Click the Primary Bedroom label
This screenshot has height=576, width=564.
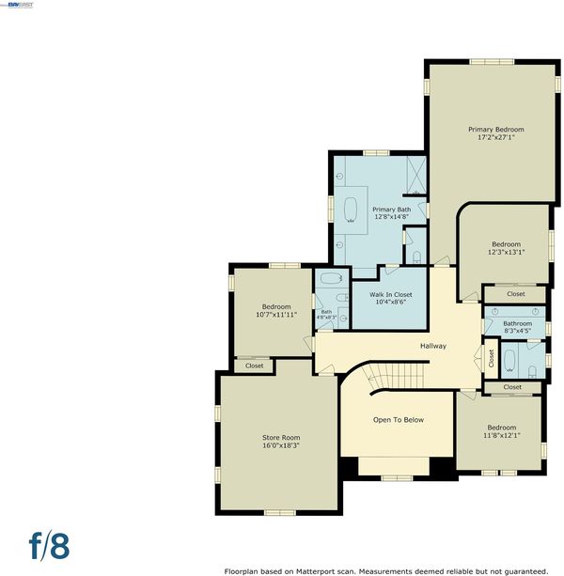click(x=495, y=130)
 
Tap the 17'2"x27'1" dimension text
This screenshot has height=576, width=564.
click(x=495, y=138)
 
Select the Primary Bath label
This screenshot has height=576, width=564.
click(x=392, y=210)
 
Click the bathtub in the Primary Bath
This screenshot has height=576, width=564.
click(x=351, y=210)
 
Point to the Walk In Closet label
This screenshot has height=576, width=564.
click(x=391, y=295)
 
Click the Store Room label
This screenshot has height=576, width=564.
click(x=281, y=438)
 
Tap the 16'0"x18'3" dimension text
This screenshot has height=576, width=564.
click(x=281, y=445)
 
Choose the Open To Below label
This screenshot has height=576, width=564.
click(x=399, y=420)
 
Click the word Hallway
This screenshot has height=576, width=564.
click(x=433, y=346)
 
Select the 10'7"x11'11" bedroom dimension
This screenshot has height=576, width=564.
click(x=276, y=315)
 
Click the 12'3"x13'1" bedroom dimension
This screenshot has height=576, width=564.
click(x=506, y=253)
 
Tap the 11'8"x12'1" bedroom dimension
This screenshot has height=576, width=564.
click(x=502, y=436)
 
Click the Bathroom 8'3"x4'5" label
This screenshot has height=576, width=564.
click(x=517, y=327)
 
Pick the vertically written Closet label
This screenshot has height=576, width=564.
click(x=492, y=358)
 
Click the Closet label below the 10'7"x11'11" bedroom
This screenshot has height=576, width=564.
click(x=254, y=366)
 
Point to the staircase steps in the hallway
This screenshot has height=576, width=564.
click(x=397, y=375)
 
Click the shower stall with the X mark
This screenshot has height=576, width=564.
click(x=416, y=175)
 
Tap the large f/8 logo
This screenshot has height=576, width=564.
click(x=49, y=546)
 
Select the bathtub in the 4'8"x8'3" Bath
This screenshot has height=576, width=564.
click(x=332, y=278)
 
